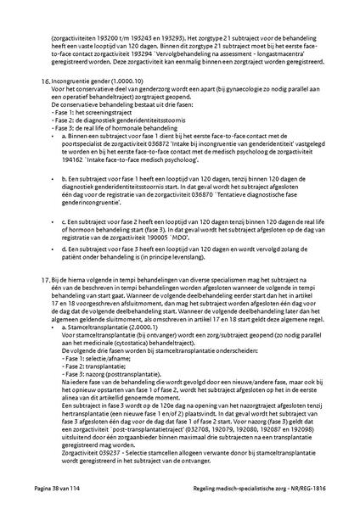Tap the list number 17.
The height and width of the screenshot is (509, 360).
point(45,278)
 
